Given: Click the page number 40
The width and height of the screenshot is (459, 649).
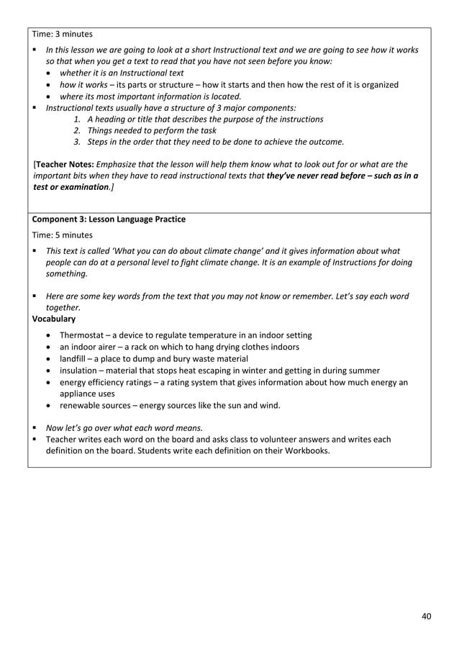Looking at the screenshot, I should [427, 616].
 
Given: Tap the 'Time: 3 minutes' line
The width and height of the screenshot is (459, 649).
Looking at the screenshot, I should [63, 34].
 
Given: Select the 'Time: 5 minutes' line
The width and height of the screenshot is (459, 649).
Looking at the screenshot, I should [63, 235].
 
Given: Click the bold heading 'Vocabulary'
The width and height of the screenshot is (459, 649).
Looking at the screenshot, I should [54, 318].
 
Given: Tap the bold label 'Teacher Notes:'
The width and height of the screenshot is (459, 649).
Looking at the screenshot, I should [65, 164].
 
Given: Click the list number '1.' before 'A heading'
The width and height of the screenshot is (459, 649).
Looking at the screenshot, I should [78, 119].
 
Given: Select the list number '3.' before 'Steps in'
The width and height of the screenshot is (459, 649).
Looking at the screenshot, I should [78, 142].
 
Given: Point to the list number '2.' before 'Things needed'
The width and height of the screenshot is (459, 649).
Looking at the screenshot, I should [78, 130].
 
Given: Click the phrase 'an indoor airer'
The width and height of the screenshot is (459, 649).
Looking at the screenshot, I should [88, 347].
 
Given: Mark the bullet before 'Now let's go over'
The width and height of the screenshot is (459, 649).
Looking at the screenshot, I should [35, 427].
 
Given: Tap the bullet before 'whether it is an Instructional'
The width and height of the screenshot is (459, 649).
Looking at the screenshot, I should [48, 73].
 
